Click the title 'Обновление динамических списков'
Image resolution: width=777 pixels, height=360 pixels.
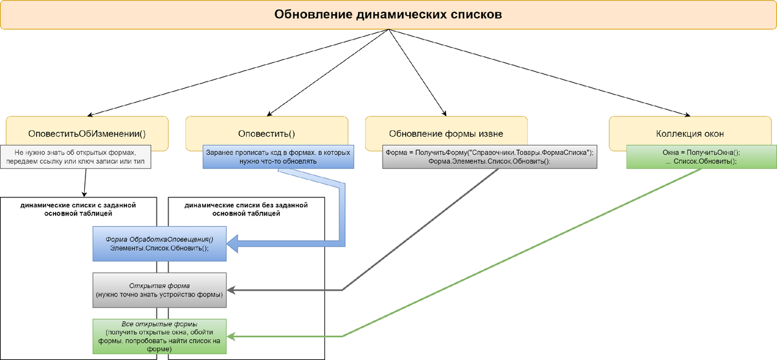388,14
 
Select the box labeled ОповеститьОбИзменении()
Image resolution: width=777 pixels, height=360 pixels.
87,133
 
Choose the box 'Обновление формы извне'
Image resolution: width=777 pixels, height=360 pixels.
445,133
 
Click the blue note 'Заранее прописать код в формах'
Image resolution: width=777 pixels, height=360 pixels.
278,156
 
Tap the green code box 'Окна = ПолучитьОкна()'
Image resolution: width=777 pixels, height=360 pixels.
701,156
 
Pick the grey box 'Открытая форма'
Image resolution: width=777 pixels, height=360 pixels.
159,289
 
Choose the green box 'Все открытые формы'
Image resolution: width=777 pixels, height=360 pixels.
159,336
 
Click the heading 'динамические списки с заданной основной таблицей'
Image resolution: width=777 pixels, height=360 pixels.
78,209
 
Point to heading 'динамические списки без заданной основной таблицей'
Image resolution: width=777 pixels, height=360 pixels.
245,209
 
